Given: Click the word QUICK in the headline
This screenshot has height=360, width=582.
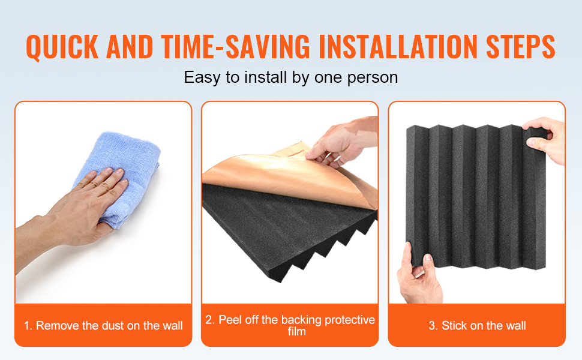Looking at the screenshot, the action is (x=62, y=47).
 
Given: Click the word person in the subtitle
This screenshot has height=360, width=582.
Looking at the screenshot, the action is (x=372, y=78).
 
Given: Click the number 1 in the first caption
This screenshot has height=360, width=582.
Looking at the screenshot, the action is (x=28, y=326).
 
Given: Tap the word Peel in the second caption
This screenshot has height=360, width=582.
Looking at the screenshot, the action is (x=228, y=320).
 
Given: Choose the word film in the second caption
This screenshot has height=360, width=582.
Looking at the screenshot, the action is (x=296, y=331).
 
